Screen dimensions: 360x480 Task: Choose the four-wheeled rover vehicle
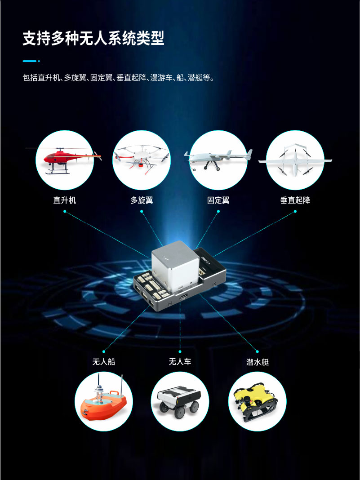click(179, 401)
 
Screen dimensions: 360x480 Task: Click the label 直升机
click(65, 200)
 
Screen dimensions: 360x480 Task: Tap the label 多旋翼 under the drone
click(142, 200)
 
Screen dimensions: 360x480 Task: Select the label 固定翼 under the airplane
click(218, 200)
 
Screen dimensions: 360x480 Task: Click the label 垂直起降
click(295, 200)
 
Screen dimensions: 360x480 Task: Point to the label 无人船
click(104, 361)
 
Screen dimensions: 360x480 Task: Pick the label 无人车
click(180, 361)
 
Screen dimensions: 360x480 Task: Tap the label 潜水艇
click(258, 362)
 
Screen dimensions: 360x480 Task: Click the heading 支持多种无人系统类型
click(93, 38)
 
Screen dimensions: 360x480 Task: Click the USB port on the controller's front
click(183, 297)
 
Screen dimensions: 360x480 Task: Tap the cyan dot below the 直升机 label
click(65, 211)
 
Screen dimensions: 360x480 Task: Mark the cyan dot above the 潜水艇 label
click(257, 351)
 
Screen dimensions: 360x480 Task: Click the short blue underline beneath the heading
click(31, 61)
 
